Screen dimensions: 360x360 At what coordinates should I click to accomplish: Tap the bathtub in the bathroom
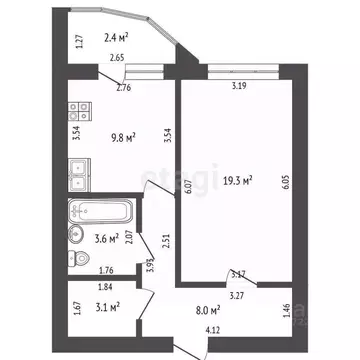(x=102, y=212)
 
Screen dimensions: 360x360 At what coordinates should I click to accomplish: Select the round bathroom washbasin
(x=77, y=234)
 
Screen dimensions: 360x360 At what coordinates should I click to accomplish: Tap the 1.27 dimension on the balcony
(x=79, y=42)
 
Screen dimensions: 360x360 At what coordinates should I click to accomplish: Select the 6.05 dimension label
(x=286, y=182)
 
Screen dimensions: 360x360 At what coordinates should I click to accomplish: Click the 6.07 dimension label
(x=188, y=182)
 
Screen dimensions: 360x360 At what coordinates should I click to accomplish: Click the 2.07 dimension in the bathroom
(x=129, y=236)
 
